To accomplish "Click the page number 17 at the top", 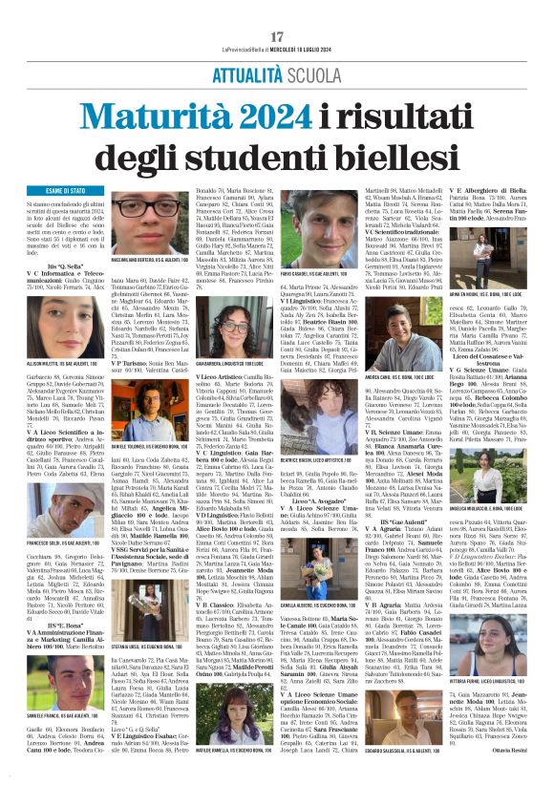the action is [x=277, y=9].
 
